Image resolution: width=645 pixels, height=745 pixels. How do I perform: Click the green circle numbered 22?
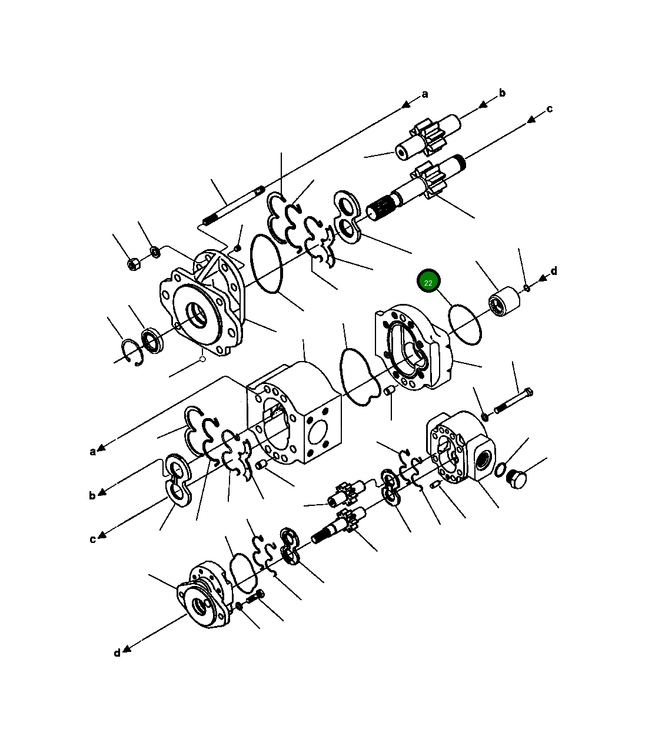(x=428, y=282)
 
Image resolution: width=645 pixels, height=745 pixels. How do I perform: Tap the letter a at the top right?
(x=425, y=94)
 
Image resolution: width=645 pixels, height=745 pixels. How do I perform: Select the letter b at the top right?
(x=502, y=92)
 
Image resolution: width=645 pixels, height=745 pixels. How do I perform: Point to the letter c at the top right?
(x=549, y=108)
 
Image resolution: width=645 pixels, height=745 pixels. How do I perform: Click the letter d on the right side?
(x=553, y=271)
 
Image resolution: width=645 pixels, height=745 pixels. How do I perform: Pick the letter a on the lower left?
(x=92, y=452)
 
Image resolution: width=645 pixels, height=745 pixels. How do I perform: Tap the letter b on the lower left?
(x=92, y=495)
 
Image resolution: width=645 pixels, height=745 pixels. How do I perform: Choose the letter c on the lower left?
(x=92, y=539)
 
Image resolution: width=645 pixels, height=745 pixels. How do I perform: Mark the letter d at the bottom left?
(x=117, y=653)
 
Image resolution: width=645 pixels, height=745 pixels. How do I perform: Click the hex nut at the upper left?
(x=134, y=264)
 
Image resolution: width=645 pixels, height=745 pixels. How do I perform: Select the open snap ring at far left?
(x=132, y=352)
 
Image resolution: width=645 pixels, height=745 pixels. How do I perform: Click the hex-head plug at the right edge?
(x=516, y=479)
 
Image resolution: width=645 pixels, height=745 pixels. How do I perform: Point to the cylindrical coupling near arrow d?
(x=504, y=302)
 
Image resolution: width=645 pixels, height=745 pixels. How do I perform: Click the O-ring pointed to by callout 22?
(x=465, y=324)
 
